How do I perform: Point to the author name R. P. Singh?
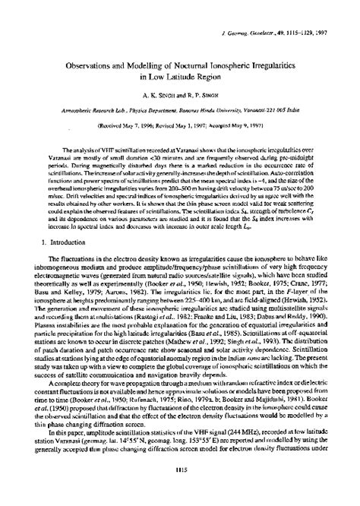192,96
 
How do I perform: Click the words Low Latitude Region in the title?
179,77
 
